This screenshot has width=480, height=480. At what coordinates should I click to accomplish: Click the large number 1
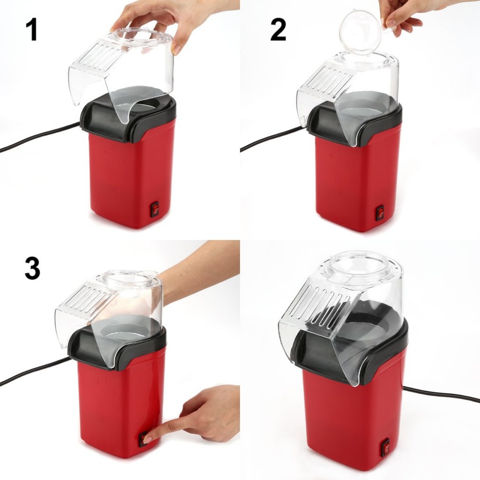coord(32,29)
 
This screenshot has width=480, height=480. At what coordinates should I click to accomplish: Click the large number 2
coord(278,29)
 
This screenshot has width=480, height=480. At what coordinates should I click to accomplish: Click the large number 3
coord(33,268)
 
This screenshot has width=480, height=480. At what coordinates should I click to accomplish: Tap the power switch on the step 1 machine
coord(155,209)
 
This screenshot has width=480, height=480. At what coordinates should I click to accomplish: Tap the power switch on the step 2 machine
coord(380,213)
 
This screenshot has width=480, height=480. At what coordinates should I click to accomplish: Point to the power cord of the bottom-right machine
coord(441,395)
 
